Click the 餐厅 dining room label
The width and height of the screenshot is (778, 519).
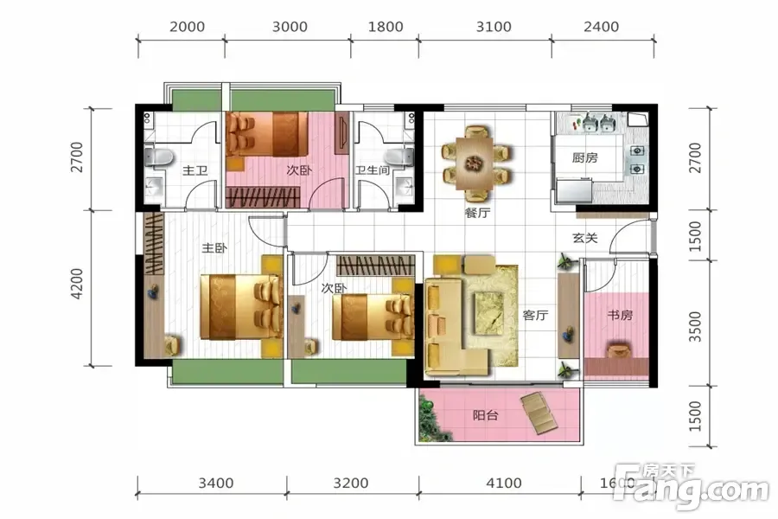tap(477, 213)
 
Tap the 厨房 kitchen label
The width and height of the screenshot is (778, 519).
tap(584, 158)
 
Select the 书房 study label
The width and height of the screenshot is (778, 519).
tap(620, 315)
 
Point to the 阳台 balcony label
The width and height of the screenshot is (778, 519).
tap(485, 415)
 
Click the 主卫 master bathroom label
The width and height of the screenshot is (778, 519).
tap(194, 171)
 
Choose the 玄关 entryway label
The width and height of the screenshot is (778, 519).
tap(585, 238)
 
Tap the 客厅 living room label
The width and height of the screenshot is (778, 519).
tap(535, 315)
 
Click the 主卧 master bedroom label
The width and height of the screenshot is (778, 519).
tap(214, 248)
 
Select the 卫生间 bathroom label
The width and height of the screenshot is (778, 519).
tap(373, 170)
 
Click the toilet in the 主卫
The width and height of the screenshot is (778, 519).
tap(158, 158)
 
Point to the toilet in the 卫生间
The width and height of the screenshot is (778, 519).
tap(399, 157)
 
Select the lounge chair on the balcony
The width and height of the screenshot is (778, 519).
tap(542, 413)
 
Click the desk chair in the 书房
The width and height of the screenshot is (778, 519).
tap(618, 350)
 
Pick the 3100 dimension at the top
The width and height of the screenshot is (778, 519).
tap(494, 27)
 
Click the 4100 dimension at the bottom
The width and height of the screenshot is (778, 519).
tap(504, 483)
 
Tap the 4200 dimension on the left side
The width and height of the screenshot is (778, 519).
tap(77, 284)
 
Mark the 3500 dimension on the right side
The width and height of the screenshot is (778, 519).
tap(696, 327)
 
